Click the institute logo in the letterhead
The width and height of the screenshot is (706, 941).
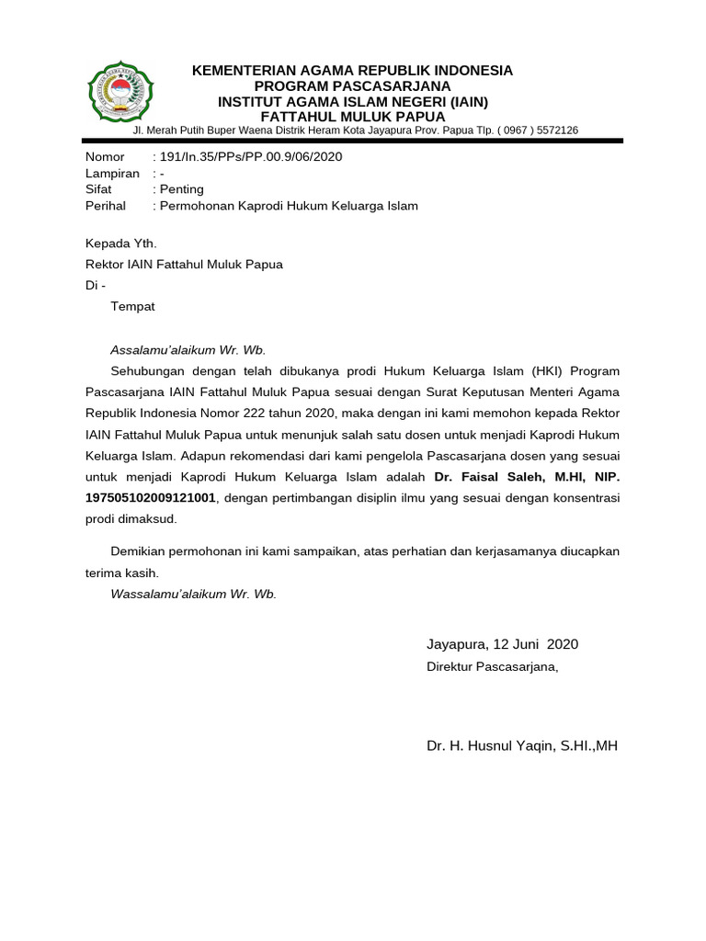coord(121,92)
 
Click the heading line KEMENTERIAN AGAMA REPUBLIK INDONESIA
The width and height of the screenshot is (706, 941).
coord(352,71)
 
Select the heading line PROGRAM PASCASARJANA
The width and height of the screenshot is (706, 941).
coord(353,86)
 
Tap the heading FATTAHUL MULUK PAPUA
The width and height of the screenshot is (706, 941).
coord(353,117)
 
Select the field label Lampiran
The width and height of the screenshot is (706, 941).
coord(112,174)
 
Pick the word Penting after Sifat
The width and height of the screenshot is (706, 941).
coord(182,189)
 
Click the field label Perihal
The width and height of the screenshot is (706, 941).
coord(106,206)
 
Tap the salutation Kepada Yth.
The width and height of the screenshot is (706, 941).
coord(120,244)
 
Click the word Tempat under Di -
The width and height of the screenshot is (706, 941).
coord(133,306)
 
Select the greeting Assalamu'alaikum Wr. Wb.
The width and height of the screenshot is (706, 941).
coord(188,350)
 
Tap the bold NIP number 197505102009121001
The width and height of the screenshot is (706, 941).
coord(151,498)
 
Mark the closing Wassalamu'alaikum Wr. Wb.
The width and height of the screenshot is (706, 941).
coord(193,594)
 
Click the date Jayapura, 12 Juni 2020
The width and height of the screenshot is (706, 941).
coord(502,644)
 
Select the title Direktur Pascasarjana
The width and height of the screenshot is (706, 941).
coord(492,666)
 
